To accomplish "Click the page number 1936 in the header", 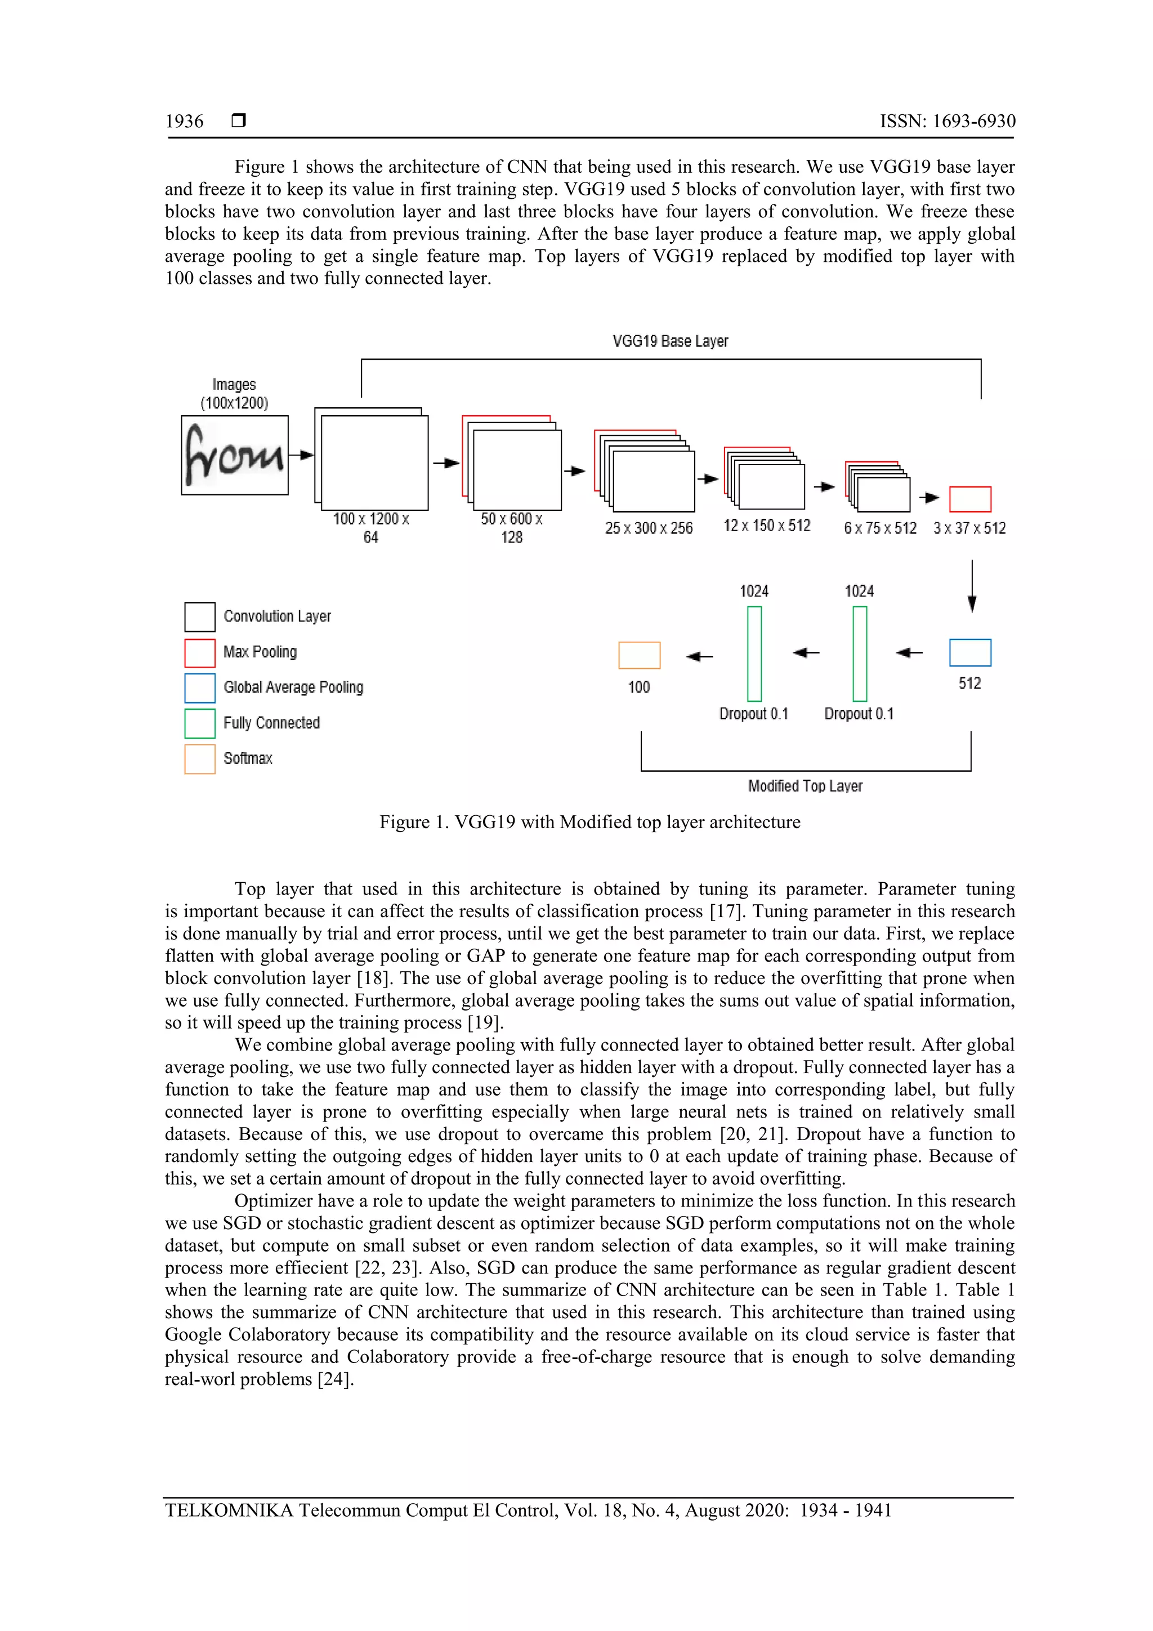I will coord(184,122).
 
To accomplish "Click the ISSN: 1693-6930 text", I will coord(947,122).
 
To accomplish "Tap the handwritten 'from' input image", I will coord(234,455).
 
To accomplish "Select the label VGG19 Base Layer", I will coord(670,342).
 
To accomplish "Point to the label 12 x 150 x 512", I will coord(767,526).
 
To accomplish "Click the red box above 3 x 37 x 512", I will coord(969,499).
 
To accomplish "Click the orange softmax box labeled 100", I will coord(638,655).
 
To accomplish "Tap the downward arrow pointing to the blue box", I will coord(972,587).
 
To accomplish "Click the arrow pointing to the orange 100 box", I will coord(699,656).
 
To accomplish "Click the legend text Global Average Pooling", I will coord(293,687).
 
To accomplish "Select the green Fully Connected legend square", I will coord(200,723).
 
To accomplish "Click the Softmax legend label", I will coord(247,759).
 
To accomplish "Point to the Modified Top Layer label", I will coord(805,787).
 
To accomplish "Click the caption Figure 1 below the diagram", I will coord(589,823).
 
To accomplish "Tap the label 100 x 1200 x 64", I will coord(371,528).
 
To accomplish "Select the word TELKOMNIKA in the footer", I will coord(228,1511).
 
